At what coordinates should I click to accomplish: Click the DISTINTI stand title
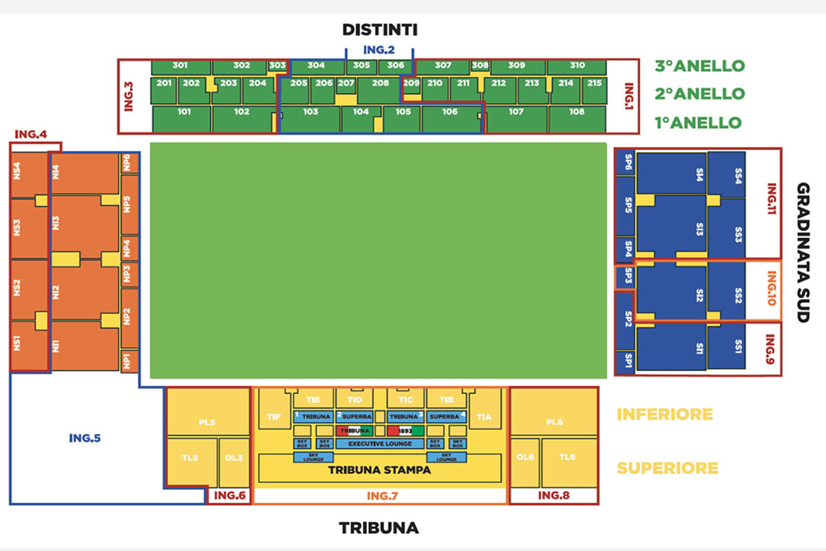pos(380,30)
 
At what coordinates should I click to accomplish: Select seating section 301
pos(180,66)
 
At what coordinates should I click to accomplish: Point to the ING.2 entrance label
pos(379,50)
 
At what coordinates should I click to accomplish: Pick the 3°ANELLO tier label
pos(700,66)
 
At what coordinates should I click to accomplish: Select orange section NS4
pos(18,170)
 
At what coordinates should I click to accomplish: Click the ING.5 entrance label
pos(85,437)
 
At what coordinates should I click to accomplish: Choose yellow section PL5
pos(207,422)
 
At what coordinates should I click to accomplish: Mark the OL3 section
pos(234,457)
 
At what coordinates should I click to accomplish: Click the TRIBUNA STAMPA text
pos(379,471)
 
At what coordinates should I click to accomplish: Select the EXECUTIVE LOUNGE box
pos(380,444)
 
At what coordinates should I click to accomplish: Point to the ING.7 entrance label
pos(379,495)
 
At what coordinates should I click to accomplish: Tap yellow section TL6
pos(567,457)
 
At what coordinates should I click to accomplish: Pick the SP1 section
pos(628,360)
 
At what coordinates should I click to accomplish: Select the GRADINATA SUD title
pos(803,253)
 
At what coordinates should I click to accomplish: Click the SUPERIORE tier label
pos(667,468)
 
